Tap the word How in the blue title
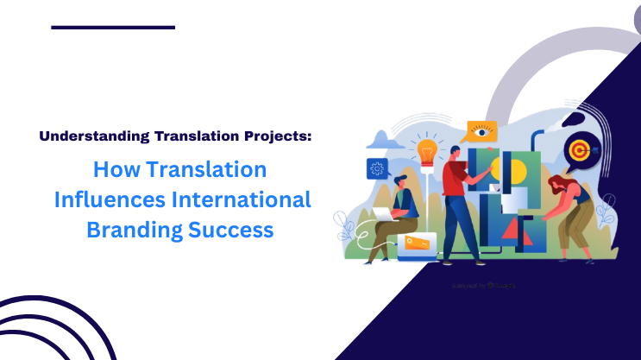coord(116,168)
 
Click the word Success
coord(236,231)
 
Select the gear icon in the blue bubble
coord(377,167)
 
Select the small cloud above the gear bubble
coord(383,139)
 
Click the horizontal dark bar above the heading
coord(113,28)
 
